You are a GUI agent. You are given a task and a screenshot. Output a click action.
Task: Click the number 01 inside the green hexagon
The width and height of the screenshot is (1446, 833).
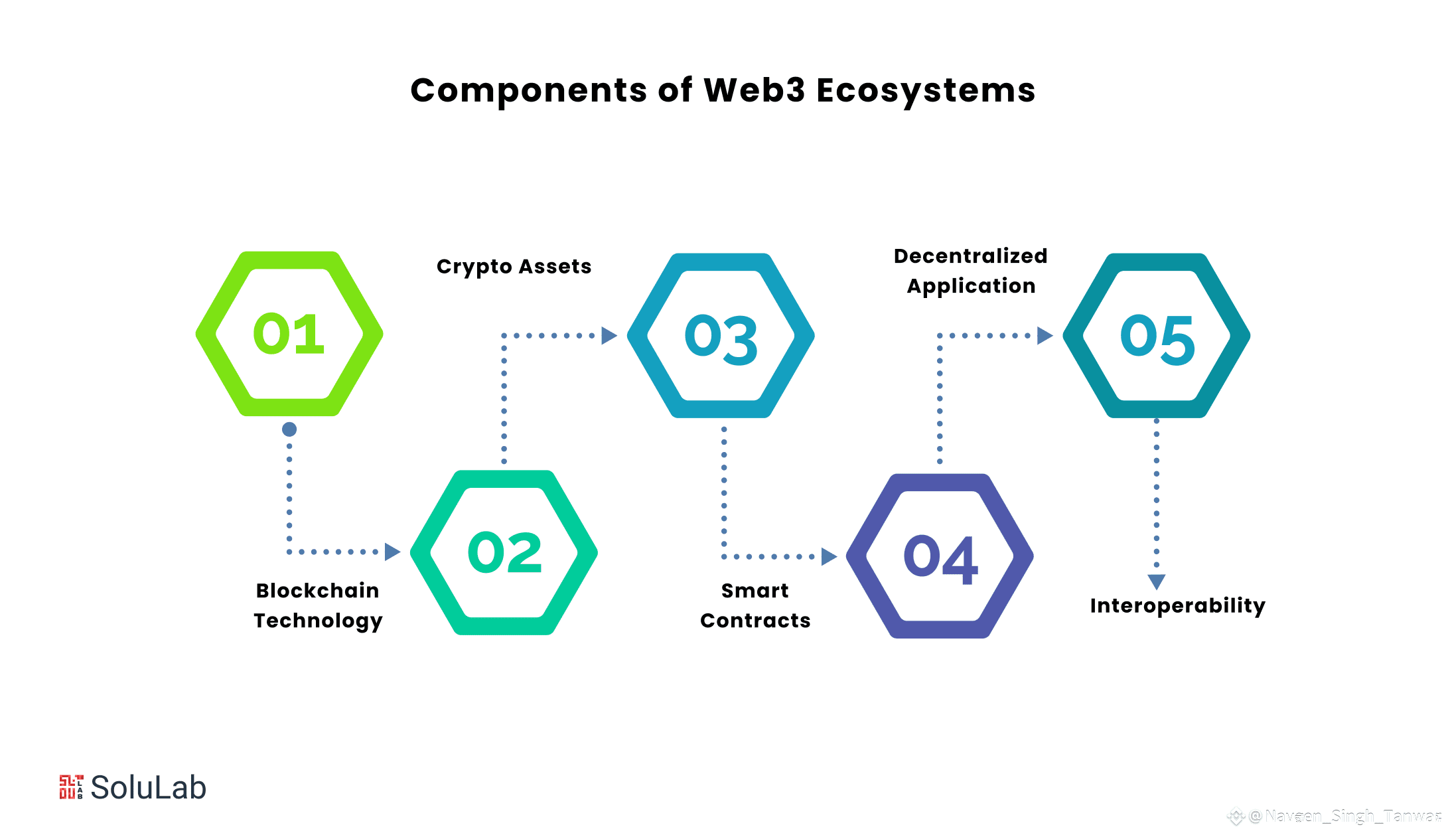289,334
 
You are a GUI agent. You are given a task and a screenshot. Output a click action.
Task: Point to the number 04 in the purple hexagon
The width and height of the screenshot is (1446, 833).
940,560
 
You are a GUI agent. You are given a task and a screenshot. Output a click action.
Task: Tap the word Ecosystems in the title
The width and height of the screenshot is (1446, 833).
926,90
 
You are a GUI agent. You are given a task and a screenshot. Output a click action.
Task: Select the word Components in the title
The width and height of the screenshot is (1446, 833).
528,90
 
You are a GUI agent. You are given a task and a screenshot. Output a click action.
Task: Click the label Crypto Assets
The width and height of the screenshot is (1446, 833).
514,267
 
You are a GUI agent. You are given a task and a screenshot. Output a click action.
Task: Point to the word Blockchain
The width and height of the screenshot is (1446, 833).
317,590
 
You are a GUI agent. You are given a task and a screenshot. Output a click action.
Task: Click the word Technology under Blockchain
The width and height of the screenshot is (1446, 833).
318,621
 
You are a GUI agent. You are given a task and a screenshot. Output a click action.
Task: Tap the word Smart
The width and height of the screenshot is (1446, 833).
755,590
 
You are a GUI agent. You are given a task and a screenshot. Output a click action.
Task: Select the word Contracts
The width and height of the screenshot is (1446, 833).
755,621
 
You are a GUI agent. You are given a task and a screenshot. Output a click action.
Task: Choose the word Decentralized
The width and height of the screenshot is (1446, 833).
970,256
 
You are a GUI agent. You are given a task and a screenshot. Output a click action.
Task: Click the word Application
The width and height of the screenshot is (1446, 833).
971,286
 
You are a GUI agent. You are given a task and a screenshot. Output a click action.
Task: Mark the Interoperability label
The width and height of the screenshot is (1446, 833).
1177,605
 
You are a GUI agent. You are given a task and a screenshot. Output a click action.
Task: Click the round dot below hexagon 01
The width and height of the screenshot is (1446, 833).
289,429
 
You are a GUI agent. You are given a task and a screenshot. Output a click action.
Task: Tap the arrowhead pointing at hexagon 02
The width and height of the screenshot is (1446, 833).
392,552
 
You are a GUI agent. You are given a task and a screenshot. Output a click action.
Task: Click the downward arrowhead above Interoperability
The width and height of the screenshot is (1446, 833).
1157,581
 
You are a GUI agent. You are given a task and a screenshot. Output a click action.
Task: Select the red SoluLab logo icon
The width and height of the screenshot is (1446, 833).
71,787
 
